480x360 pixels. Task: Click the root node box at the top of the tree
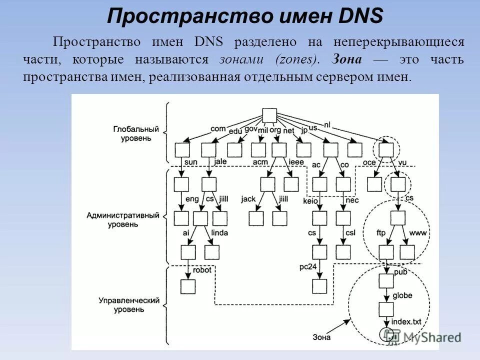coord(269,115)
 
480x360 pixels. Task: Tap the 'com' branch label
coord(218,128)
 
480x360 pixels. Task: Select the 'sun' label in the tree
coord(190,162)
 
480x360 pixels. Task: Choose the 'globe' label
coord(402,295)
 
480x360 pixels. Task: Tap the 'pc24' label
coord(308,266)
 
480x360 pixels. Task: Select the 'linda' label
coord(219,233)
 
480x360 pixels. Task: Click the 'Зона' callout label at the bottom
coord(321,337)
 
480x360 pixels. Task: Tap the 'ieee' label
coord(296,162)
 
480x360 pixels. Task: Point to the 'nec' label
coord(352,200)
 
